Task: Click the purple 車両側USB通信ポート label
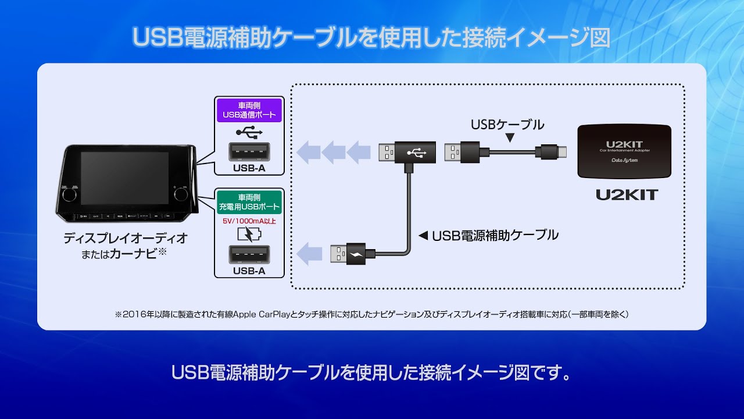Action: click(249, 110)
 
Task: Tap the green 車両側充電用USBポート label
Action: click(249, 201)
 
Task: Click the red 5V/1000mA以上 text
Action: click(249, 221)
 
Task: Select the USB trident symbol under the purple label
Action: click(249, 133)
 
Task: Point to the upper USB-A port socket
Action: click(249, 152)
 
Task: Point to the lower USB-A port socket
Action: click(249, 254)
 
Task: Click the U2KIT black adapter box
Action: click(624, 151)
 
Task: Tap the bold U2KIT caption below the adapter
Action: click(626, 194)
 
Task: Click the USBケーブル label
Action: click(507, 125)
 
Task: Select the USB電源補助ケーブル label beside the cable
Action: click(495, 235)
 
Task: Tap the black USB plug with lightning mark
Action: click(355, 254)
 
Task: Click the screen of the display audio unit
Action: click(124, 178)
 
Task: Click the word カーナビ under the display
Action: click(134, 254)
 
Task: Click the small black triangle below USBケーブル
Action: click(510, 139)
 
